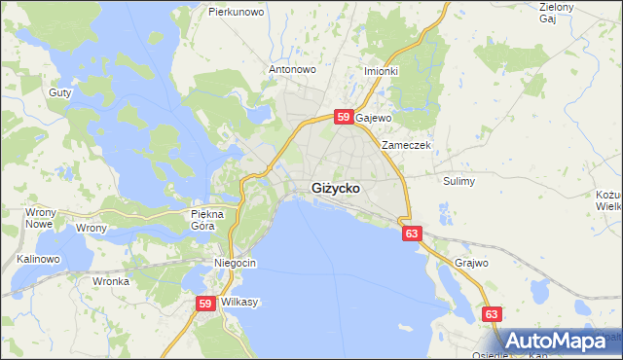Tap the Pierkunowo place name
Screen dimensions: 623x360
[237, 12]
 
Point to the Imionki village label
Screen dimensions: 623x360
[381, 71]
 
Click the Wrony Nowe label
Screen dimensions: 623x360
[39, 218]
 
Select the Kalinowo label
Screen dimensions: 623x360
[39, 260]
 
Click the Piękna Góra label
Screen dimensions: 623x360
[208, 219]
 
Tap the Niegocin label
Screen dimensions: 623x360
[235, 264]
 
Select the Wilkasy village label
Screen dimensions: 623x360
[239, 303]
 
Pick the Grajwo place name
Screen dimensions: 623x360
[471, 263]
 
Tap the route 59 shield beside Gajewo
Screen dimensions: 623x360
[343, 117]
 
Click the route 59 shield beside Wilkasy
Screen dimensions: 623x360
[204, 304]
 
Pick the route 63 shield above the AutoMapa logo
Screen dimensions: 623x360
[494, 313]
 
